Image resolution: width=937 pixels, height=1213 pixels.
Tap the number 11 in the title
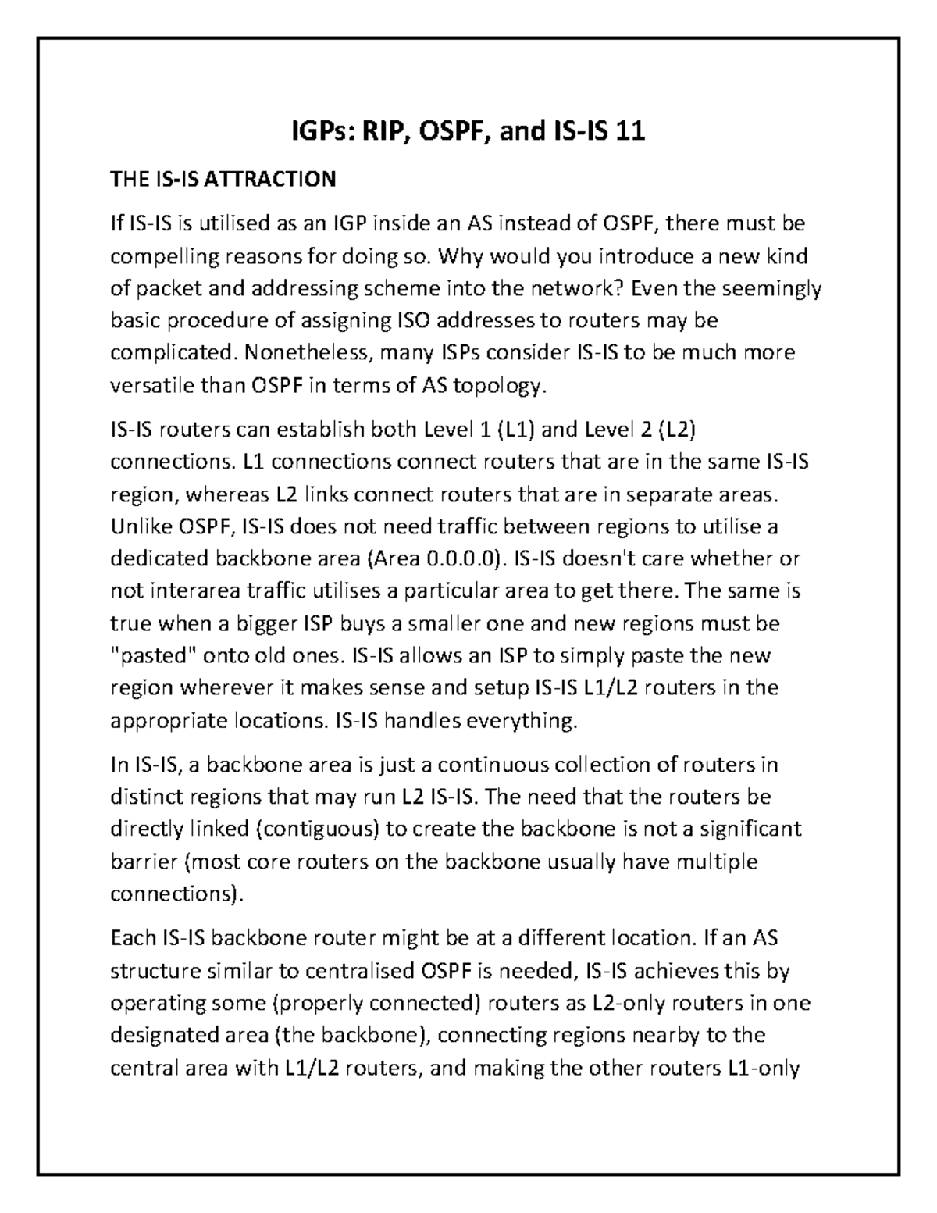630,131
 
